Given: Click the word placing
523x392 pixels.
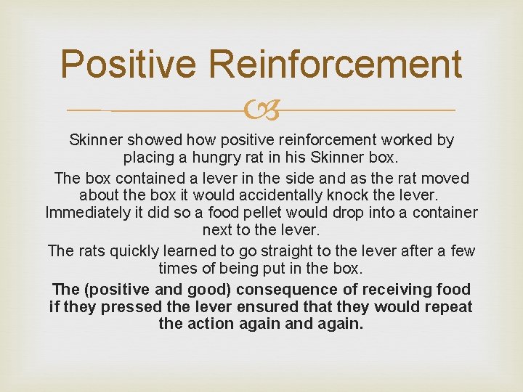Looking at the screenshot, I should point(148,157).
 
